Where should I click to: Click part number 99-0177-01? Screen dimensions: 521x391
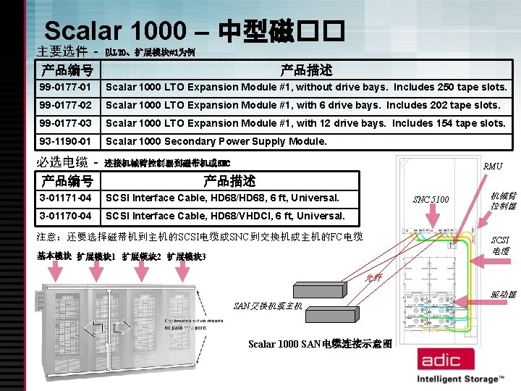(66, 88)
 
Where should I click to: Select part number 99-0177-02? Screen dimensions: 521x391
(66, 106)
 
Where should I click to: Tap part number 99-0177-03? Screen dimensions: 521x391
(66, 124)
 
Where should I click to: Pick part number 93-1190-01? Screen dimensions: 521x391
(66, 142)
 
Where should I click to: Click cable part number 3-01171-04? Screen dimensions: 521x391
(66, 198)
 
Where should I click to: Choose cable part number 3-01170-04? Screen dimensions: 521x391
(66, 216)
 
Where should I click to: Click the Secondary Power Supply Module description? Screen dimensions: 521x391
(216, 142)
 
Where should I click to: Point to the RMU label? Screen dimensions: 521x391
(494, 166)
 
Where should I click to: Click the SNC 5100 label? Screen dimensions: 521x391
(431, 199)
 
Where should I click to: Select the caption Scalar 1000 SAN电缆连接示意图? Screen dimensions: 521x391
(320, 344)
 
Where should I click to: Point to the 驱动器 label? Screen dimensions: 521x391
(502, 295)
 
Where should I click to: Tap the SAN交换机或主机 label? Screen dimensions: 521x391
(267, 306)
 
